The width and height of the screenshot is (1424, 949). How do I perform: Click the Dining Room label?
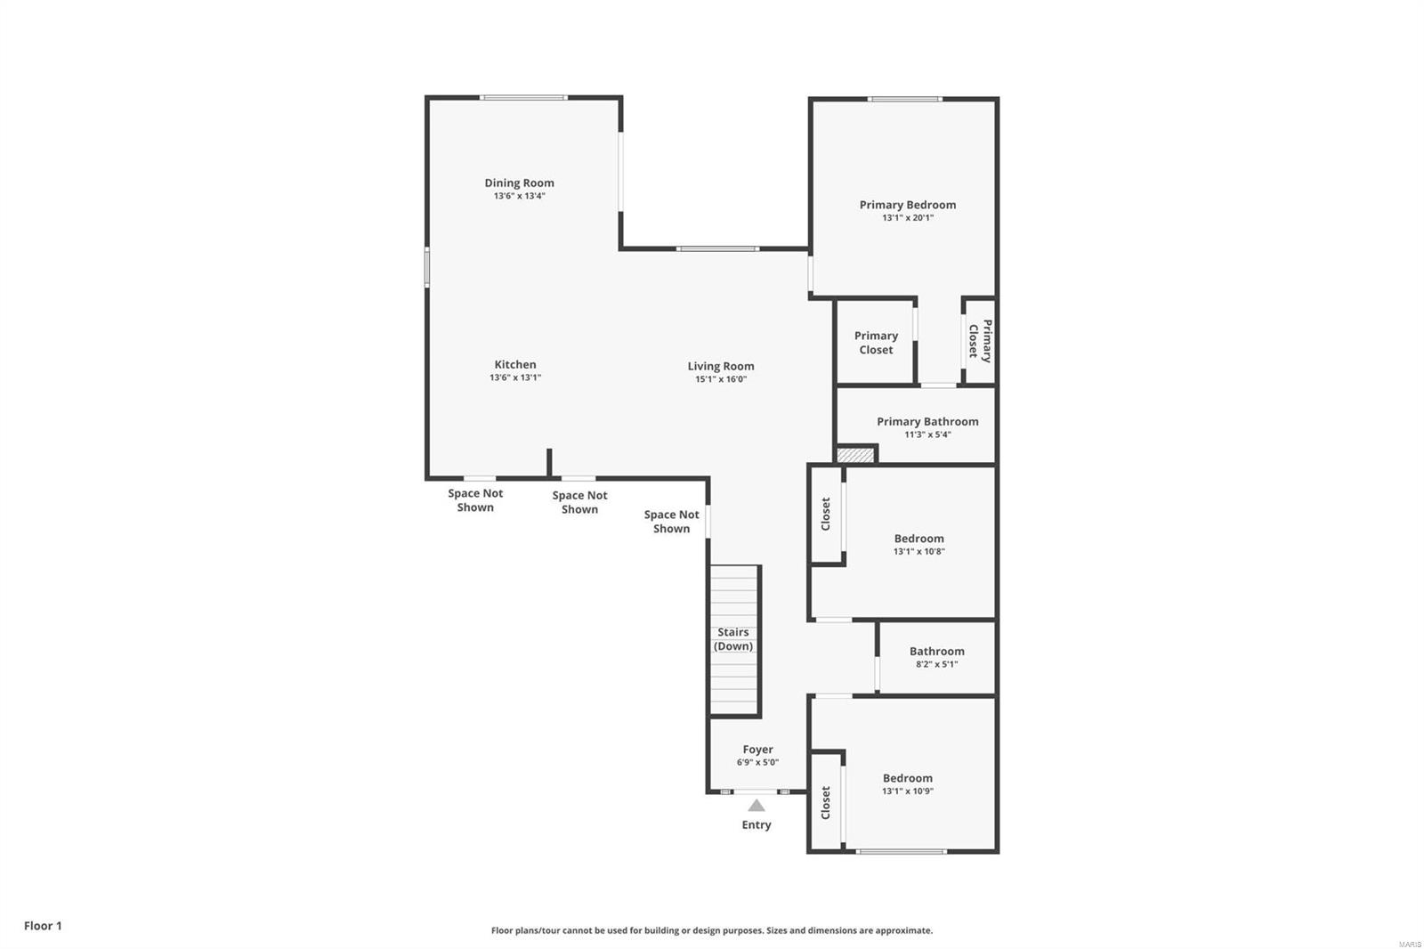point(519,182)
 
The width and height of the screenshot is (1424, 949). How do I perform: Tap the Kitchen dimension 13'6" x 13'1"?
point(515,377)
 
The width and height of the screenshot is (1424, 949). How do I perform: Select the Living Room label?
point(720,366)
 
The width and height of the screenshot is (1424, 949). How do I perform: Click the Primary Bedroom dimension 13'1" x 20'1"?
point(907,217)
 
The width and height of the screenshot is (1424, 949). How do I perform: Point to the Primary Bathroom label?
point(927,421)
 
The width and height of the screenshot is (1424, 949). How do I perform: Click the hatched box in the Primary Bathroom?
point(855,455)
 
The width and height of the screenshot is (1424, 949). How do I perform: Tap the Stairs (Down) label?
point(733,639)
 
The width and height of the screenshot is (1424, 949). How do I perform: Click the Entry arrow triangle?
point(756,806)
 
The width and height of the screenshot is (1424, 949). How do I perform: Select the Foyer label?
point(757,750)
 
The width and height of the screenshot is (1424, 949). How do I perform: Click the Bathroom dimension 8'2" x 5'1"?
point(936,664)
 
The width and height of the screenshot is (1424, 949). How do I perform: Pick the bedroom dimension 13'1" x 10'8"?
point(918,551)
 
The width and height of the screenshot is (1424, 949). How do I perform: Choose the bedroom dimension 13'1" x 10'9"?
point(907,791)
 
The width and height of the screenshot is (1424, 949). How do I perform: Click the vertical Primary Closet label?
point(980,340)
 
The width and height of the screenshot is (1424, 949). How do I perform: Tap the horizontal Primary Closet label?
point(876,343)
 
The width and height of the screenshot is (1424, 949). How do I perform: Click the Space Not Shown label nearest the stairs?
point(671,522)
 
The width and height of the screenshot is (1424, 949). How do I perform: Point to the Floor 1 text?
point(43,926)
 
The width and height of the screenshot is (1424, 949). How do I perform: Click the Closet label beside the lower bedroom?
point(825,802)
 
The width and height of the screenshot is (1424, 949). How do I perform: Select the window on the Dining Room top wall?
point(523,97)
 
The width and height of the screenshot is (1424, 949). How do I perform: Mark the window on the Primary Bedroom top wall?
point(905,99)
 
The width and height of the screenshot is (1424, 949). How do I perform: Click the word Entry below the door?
point(756,825)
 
